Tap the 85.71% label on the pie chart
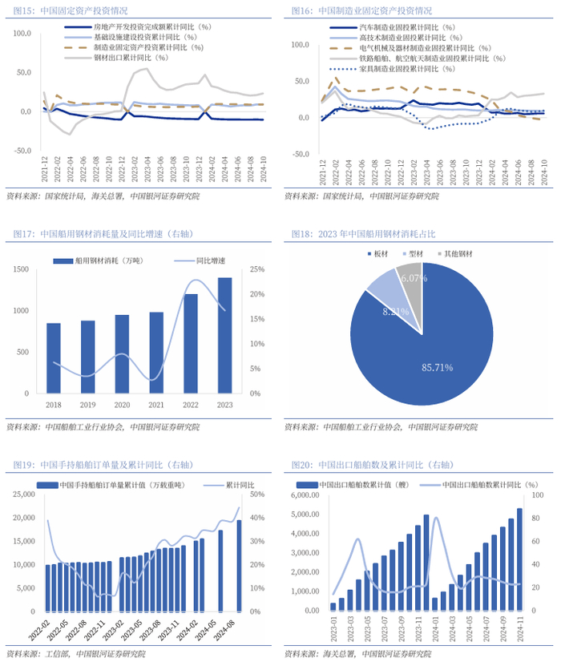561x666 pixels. [x=438, y=367]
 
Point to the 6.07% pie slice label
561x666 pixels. [x=414, y=278]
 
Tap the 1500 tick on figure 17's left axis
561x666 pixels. [x=26, y=269]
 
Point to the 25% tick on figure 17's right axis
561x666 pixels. [x=255, y=269]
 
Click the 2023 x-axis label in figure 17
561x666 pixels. [x=224, y=406]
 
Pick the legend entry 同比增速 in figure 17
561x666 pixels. [x=210, y=260]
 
